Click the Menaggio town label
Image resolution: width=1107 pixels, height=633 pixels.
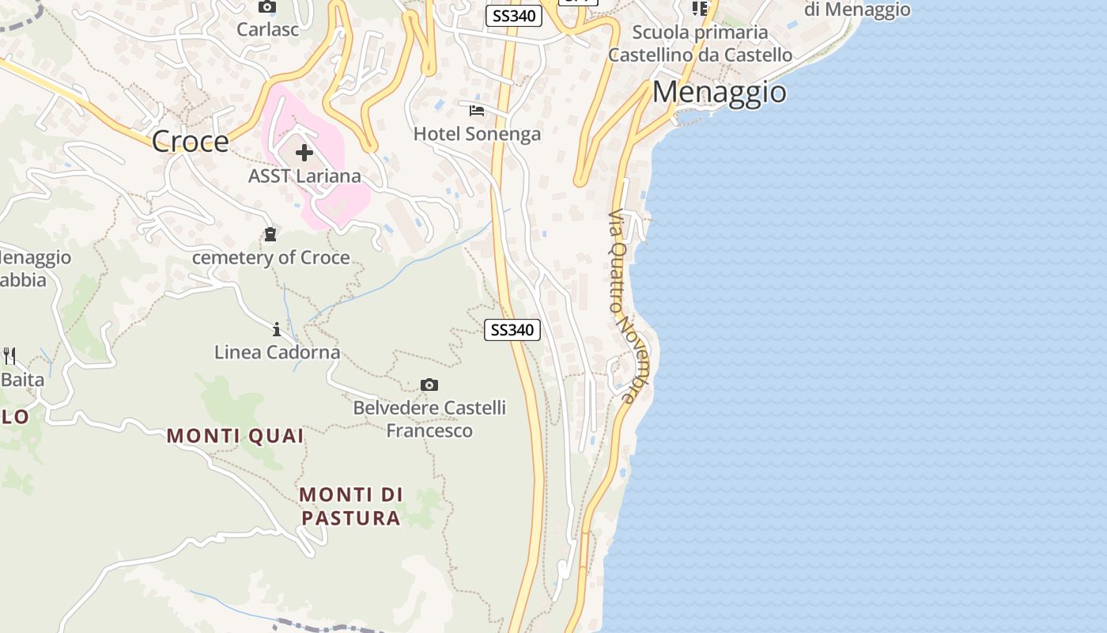(x=719, y=93)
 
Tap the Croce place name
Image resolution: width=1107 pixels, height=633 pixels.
(x=190, y=142)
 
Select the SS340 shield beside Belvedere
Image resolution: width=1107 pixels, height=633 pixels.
(x=512, y=330)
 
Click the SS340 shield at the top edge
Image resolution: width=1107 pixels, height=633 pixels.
(x=513, y=15)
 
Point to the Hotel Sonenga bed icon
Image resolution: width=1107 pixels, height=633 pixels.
(x=476, y=111)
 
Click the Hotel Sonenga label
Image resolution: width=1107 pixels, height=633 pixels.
(x=477, y=134)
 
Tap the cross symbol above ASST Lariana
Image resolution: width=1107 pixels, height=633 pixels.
(x=304, y=153)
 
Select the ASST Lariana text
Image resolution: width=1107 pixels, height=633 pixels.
(x=304, y=176)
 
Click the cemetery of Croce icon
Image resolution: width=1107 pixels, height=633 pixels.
(x=270, y=234)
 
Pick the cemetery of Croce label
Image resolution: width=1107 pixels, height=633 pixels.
(x=270, y=258)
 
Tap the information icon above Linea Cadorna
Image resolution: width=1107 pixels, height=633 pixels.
(x=276, y=329)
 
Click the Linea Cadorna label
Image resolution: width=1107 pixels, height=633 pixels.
(x=277, y=352)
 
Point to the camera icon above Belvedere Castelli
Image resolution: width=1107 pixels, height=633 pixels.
(x=429, y=385)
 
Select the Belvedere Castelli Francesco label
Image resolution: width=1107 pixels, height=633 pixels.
(x=429, y=419)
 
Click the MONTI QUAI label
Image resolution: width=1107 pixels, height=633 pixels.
(x=235, y=436)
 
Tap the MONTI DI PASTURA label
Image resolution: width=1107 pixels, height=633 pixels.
(x=350, y=506)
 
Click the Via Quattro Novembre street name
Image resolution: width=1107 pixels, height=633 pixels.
(x=624, y=305)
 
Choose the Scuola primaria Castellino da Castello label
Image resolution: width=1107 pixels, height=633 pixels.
(x=700, y=44)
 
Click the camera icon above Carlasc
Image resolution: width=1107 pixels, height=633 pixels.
(x=266, y=7)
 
